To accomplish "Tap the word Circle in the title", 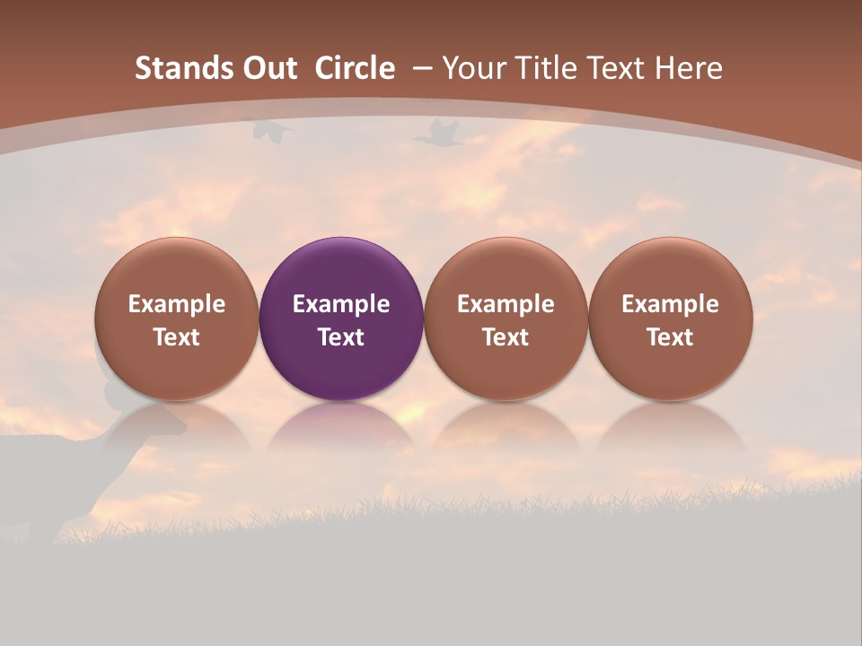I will coord(355,68).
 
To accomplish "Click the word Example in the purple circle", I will coord(341,304).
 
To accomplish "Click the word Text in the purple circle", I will coord(341,337).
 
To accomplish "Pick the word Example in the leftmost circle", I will coord(177,304).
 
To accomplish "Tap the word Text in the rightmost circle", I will coord(670,337).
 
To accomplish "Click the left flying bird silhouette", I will coord(272,130).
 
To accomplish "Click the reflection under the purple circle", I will coord(340,429).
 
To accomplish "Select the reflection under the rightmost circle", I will coord(670,429).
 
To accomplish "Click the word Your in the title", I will coord(474,68).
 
